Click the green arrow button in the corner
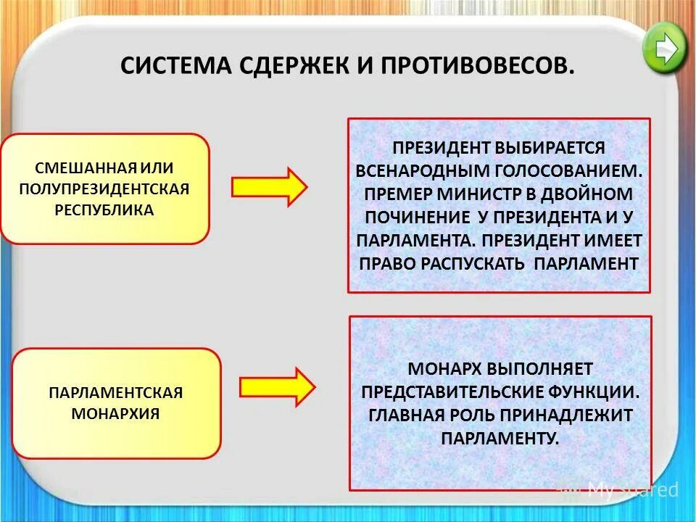[x=664, y=47]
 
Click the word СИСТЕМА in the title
[x=171, y=67]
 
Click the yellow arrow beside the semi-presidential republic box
[x=269, y=187]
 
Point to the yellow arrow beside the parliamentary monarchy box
[x=277, y=387]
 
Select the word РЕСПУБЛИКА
[x=105, y=210]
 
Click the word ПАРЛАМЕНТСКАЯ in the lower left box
[x=116, y=392]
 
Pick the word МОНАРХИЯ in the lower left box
[x=116, y=414]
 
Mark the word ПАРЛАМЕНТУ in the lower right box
[x=500, y=438]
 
